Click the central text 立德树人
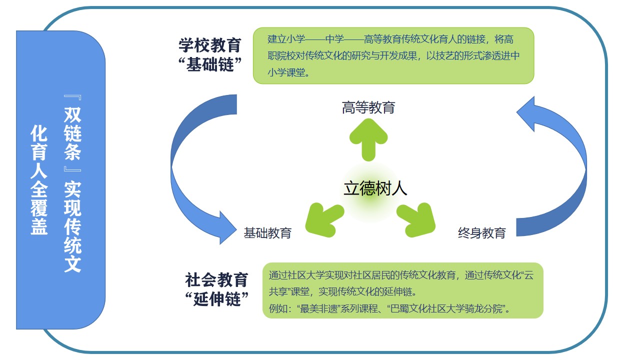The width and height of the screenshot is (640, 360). tap(375, 188)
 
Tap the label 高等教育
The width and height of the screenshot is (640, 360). tap(368, 107)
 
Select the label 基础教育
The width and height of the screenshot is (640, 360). tap(267, 232)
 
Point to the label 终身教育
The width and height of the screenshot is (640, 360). tap(482, 232)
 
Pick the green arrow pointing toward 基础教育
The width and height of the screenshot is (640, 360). tap(324, 218)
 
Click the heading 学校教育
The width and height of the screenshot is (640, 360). tap(210, 45)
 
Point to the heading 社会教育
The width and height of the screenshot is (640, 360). tap(216, 279)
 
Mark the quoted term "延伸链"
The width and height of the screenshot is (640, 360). tap(216, 299)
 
